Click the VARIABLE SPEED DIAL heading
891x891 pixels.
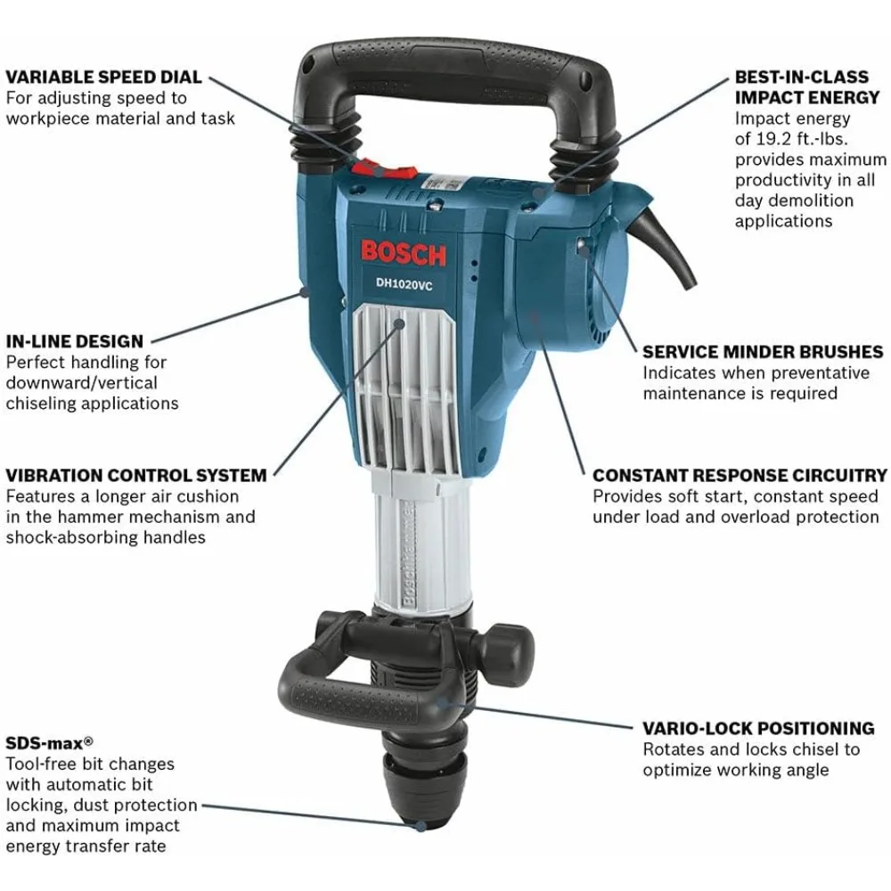tap(104, 78)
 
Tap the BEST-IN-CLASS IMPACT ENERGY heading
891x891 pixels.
tap(807, 86)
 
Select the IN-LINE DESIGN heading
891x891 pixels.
tap(75, 341)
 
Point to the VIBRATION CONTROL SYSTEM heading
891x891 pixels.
tap(136, 476)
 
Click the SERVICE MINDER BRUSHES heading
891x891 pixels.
tap(763, 352)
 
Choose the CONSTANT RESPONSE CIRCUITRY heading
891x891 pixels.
tap(740, 476)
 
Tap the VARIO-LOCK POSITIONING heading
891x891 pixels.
tap(758, 729)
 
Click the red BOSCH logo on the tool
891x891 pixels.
tap(404, 252)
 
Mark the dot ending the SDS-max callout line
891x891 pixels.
tap(420, 826)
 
